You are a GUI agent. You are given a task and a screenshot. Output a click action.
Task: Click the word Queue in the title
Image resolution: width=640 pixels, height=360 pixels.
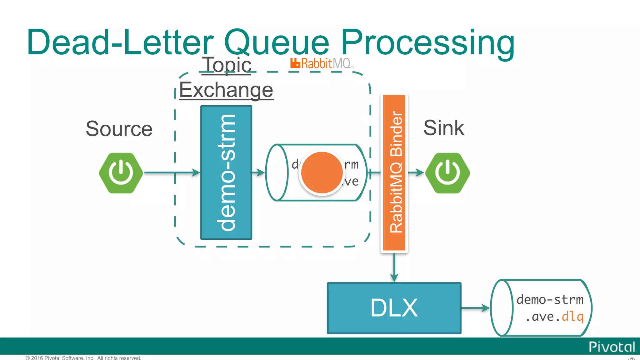click(277, 42)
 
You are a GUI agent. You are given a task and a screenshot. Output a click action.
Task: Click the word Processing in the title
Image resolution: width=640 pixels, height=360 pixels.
click(427, 42)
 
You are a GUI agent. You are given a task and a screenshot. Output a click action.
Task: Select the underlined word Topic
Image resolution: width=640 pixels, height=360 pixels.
click(227, 65)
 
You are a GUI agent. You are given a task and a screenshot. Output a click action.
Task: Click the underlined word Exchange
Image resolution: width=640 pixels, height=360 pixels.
click(226, 90)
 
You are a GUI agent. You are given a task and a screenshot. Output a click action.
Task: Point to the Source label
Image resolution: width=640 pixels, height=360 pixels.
click(119, 129)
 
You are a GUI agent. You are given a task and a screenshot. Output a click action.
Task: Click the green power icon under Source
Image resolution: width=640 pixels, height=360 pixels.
click(121, 173)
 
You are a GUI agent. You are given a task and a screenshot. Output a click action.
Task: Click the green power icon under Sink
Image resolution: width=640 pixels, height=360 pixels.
click(447, 173)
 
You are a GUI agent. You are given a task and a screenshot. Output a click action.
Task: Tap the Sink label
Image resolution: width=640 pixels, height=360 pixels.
click(443, 128)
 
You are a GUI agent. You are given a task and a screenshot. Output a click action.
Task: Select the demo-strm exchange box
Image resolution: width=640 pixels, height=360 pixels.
click(226, 172)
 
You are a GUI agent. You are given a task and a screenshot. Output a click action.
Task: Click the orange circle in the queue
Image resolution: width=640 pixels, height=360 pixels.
click(322, 172)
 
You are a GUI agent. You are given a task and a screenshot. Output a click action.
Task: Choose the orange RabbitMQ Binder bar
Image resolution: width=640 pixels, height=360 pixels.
click(394, 172)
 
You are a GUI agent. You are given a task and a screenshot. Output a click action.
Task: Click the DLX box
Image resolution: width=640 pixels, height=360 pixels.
click(394, 308)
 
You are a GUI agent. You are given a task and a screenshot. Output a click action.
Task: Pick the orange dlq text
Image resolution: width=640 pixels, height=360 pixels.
click(572, 317)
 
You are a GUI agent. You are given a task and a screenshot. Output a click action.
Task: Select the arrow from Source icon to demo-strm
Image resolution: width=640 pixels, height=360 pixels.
click(172, 172)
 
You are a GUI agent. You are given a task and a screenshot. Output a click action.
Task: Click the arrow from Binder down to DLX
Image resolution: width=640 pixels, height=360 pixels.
click(394, 267)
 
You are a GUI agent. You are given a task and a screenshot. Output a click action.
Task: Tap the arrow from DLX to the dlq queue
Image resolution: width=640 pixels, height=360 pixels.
click(475, 308)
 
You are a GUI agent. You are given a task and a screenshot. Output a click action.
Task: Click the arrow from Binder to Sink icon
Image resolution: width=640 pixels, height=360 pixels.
click(416, 172)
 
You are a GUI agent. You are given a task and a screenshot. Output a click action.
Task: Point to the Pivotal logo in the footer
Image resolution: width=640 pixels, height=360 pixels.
click(612, 347)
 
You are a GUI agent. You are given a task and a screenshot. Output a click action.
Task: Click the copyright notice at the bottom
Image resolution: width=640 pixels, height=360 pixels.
click(83, 358)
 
